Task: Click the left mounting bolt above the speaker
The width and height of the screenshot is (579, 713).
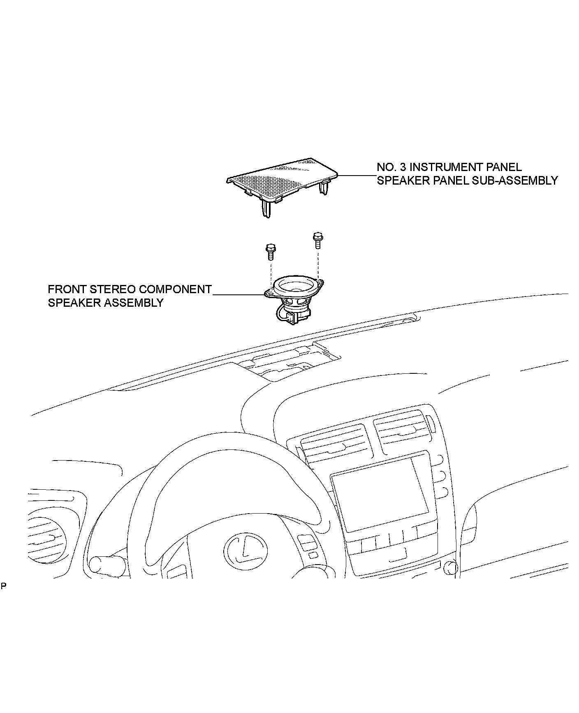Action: point(270,252)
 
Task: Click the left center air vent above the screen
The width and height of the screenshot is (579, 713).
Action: point(335,442)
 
